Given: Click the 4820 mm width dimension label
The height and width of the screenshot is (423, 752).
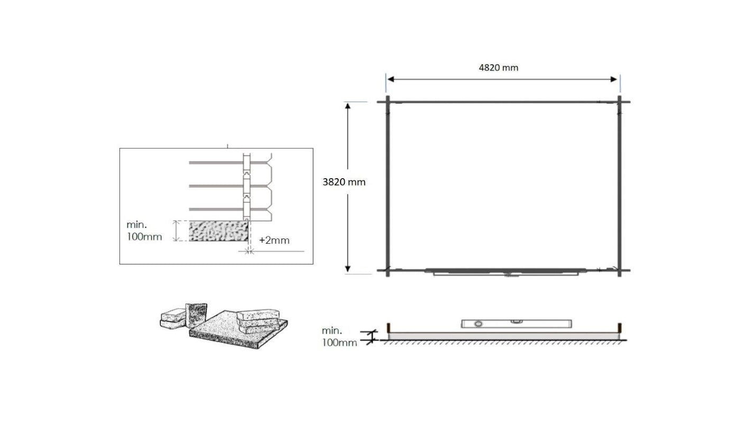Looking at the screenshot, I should point(498,68).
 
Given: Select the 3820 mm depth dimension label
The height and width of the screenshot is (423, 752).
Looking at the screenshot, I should point(344,182).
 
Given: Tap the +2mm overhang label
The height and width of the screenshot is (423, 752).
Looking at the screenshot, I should point(274,240).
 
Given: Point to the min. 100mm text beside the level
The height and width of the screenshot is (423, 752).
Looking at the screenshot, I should point(339,336).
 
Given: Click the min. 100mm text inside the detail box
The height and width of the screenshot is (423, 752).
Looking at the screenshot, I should point(144,231).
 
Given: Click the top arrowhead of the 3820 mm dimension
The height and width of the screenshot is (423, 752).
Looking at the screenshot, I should point(348,106).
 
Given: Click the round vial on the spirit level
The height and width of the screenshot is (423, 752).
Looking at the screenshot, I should point(479,324).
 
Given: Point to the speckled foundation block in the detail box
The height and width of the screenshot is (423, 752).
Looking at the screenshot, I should point(219,231).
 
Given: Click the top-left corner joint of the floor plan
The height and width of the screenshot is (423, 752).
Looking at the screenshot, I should point(388,102).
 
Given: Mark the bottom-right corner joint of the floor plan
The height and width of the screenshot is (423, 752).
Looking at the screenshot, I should point(619,270).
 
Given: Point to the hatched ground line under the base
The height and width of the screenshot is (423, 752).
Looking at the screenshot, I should point(502,342).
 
